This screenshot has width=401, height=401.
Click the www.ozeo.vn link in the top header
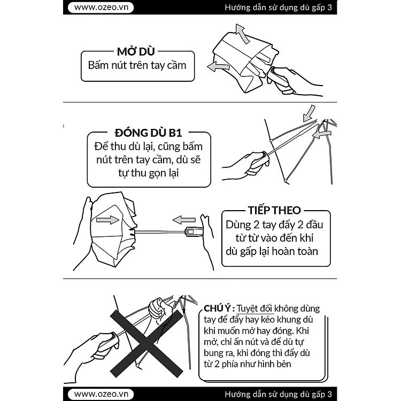[x=101, y=7]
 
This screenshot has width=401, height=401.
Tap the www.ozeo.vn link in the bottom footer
[x=101, y=394]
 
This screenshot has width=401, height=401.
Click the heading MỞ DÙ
[x=136, y=52]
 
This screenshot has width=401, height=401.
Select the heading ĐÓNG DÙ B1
[x=148, y=133]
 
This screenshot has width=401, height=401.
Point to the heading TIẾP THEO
[x=274, y=210]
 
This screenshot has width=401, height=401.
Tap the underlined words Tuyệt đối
[x=254, y=309]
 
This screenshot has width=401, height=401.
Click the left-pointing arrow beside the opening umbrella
[x=218, y=67]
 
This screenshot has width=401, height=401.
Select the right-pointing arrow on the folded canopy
[x=107, y=220]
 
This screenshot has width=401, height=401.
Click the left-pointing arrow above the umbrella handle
[x=184, y=220]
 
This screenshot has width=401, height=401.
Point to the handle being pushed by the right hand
[x=194, y=232]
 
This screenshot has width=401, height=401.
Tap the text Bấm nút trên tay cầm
[x=137, y=65]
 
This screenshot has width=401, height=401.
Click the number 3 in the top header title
[x=330, y=7]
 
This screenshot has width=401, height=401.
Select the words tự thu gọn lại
[x=148, y=173]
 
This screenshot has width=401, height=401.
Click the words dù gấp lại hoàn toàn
[x=272, y=251]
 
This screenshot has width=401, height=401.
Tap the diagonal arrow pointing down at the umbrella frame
[x=309, y=113]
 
